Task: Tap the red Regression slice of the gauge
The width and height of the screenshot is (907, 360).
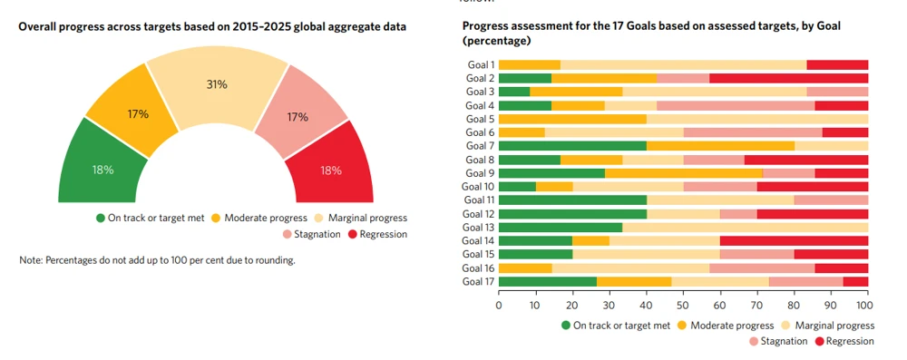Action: [330, 170]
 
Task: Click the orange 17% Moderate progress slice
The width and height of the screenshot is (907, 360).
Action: [138, 115]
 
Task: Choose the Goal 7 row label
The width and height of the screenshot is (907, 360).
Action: [479, 145]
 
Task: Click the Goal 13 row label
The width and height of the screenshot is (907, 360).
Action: [477, 227]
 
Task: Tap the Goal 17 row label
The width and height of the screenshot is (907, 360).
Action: [477, 281]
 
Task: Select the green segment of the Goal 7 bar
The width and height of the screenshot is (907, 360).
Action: [572, 145]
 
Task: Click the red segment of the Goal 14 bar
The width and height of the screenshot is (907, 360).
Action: [794, 240]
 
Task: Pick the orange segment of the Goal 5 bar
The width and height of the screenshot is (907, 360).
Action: [572, 119]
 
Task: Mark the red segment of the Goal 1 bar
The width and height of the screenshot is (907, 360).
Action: [836, 64]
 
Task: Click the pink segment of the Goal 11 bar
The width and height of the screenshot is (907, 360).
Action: [831, 199]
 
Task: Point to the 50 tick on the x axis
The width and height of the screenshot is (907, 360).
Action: [683, 306]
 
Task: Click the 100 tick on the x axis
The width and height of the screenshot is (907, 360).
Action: [867, 306]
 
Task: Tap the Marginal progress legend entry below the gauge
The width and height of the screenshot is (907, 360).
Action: [361, 218]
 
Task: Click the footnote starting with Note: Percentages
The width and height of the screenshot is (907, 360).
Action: [157, 260]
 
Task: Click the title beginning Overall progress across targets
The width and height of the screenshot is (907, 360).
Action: [212, 27]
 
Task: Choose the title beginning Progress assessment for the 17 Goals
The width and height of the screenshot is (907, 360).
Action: [651, 34]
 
